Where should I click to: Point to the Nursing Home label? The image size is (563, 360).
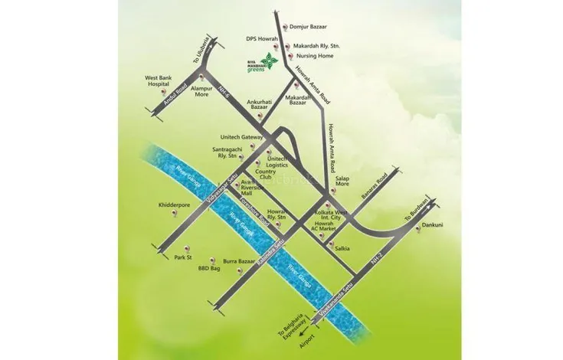314,56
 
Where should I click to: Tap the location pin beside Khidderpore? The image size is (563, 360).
174,216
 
